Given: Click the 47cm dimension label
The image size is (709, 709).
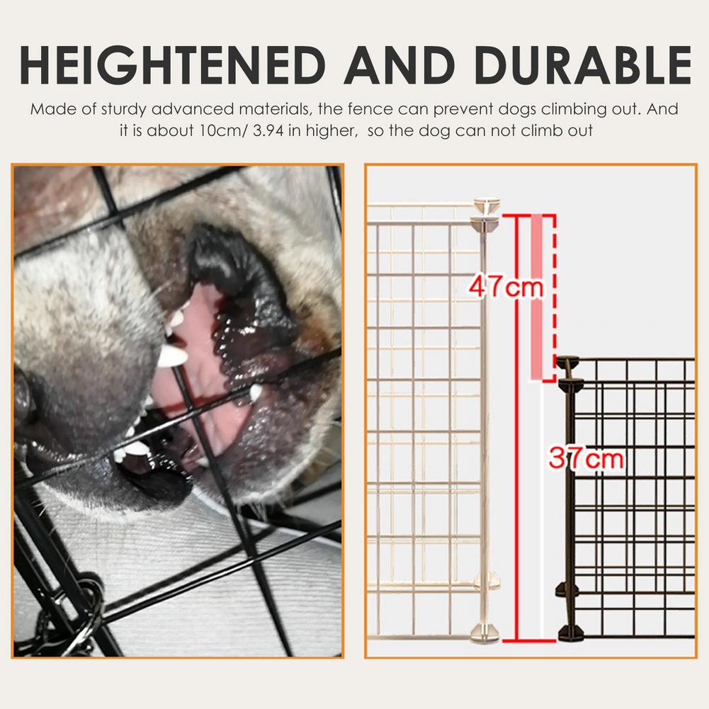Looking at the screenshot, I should pos(505,287).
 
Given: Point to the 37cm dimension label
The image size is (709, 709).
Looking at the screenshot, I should pos(586,459).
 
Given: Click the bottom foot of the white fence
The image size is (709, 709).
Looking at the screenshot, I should pos(485,633).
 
